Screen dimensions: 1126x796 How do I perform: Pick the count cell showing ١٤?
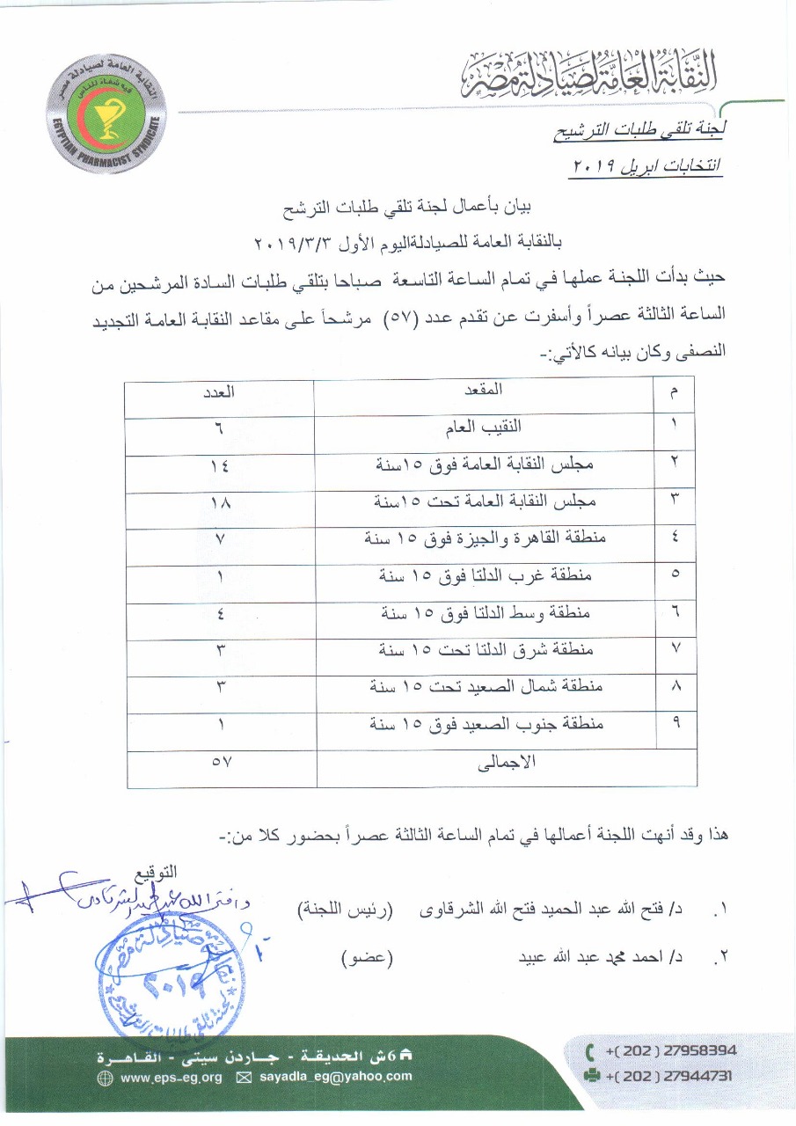[x=219, y=465]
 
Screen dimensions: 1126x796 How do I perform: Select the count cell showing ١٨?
[x=219, y=503]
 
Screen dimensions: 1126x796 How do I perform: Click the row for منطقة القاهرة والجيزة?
[x=484, y=539]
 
